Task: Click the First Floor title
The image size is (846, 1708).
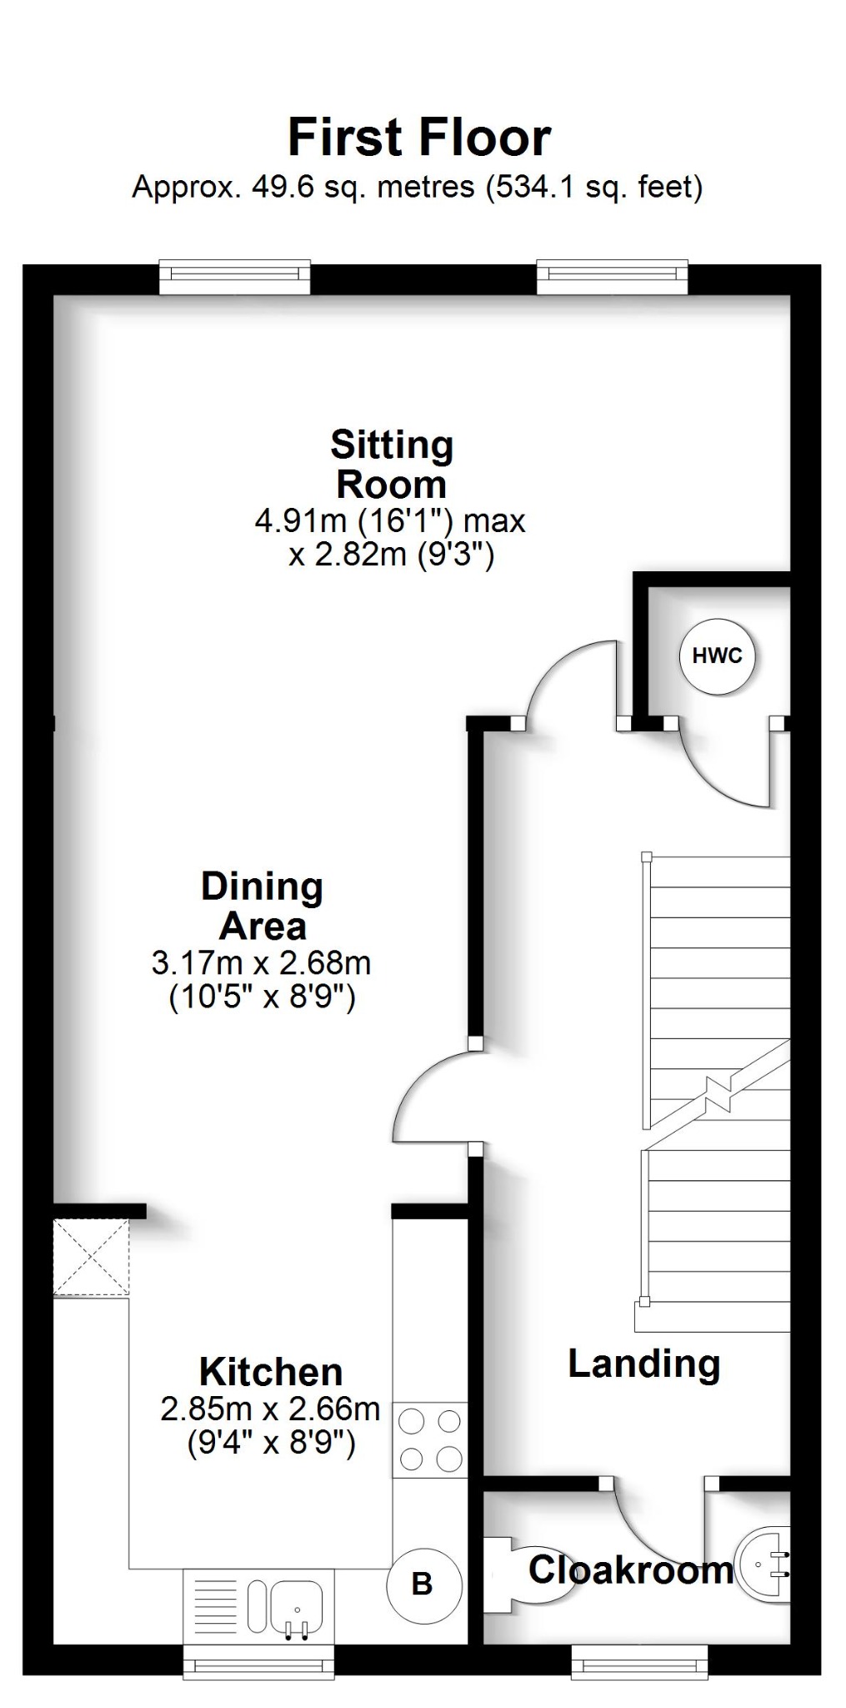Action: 419,138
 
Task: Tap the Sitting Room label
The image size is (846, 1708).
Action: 391,465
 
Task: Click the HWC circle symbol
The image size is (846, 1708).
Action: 717,656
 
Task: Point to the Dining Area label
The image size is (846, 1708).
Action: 262,907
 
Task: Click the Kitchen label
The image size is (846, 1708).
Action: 271,1372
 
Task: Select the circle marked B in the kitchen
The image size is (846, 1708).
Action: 423,1584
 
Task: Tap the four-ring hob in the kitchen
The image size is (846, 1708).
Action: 430,1439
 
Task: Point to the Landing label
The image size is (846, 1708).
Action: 643,1364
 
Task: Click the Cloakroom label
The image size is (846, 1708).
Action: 630,1570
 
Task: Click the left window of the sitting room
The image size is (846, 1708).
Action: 234,279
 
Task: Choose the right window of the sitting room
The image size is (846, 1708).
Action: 612,279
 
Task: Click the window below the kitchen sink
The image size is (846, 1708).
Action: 258,1666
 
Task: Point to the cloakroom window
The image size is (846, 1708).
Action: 639,1666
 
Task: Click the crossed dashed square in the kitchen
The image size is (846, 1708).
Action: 91,1258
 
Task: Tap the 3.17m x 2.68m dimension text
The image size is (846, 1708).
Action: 261,963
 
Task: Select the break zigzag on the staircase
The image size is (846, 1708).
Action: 718,1093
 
